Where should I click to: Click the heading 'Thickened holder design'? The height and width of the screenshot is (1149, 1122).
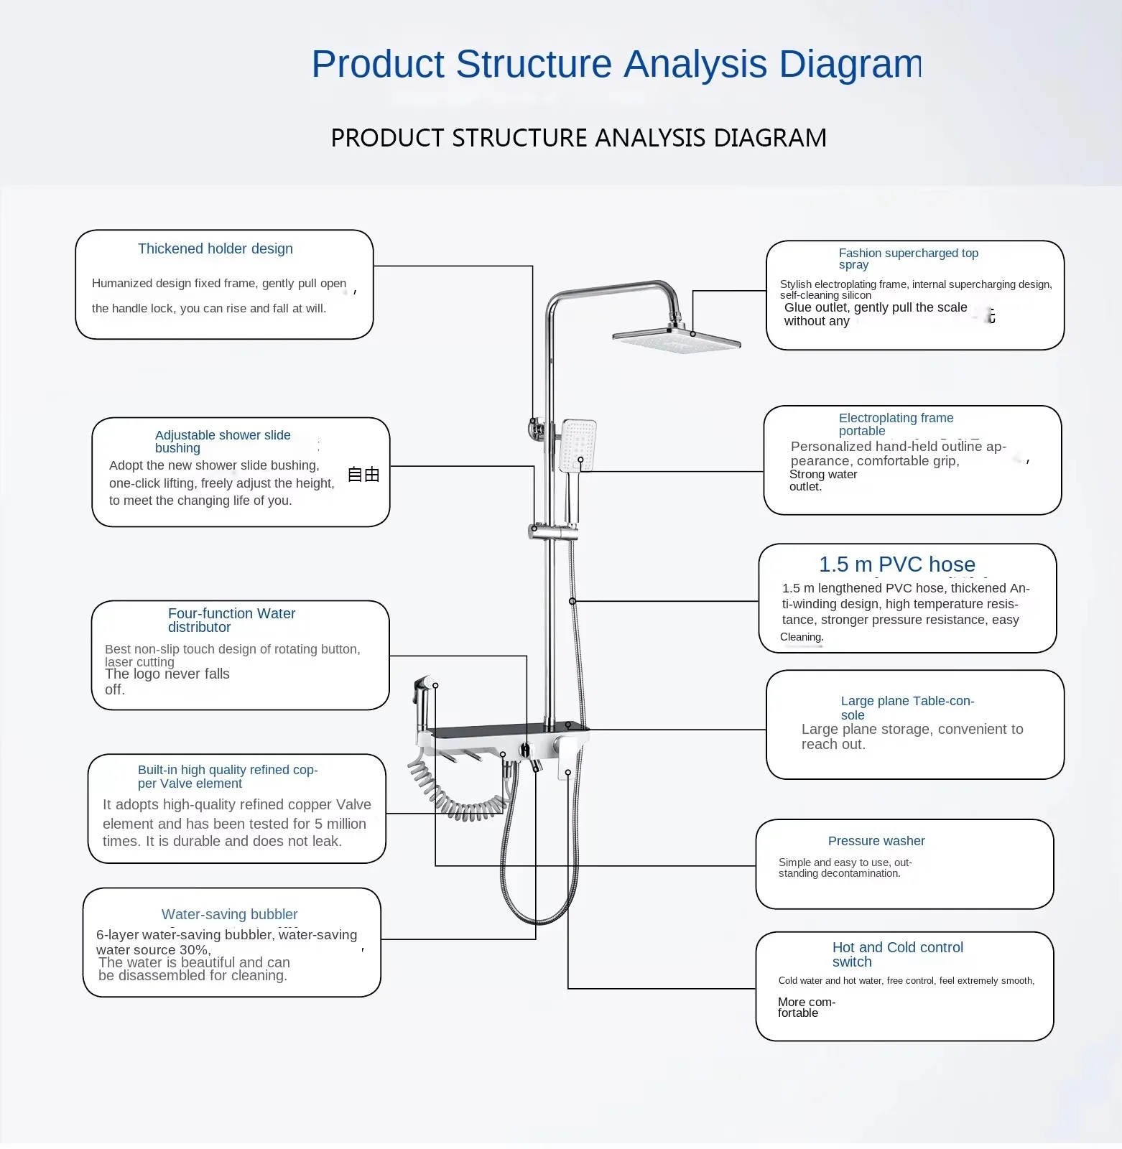[215, 249]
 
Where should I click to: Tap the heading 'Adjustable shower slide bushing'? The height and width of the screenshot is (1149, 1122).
[223, 441]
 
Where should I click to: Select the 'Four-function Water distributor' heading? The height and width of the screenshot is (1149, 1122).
[231, 620]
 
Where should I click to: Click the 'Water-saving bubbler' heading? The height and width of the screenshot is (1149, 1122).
[229, 914]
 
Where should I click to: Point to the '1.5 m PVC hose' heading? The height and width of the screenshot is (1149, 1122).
[897, 564]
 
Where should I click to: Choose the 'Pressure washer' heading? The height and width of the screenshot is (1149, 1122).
[876, 841]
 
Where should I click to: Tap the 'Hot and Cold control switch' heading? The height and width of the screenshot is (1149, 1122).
[897, 954]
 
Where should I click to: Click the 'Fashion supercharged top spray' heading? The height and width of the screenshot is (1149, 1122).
[908, 259]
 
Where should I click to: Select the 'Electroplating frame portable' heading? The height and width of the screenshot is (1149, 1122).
[896, 424]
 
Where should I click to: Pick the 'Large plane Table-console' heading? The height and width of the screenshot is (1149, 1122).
[907, 707]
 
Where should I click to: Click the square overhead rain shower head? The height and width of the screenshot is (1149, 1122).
[676, 340]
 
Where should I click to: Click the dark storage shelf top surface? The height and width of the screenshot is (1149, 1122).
[503, 732]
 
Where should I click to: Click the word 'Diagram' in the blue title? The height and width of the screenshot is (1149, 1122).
[850, 64]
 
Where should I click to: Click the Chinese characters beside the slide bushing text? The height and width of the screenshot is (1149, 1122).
[363, 475]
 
